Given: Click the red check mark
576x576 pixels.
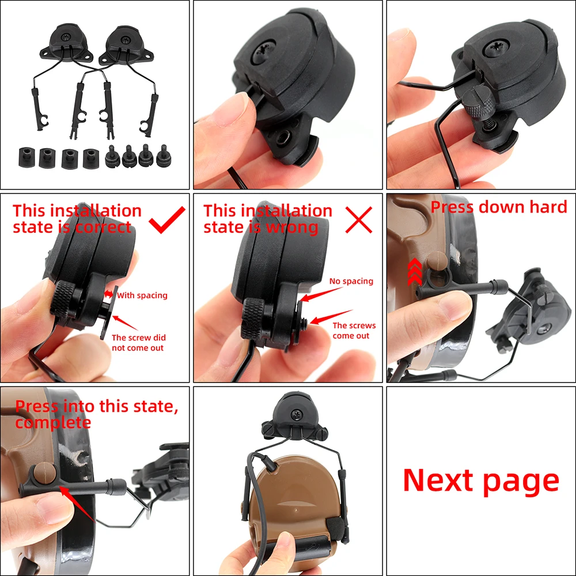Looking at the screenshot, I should click(167, 219).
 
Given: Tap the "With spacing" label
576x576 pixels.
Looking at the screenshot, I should click(142, 295).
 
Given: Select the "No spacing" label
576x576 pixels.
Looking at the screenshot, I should click(351, 281).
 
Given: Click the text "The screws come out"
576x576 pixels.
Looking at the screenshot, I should click(353, 330).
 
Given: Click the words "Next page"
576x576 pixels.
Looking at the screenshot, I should click(480, 480).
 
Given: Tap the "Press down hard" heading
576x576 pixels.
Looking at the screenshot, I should click(499, 207).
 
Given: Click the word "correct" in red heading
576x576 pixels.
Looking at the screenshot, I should click(104, 227).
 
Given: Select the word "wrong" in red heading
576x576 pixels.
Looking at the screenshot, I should click(293, 227).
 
